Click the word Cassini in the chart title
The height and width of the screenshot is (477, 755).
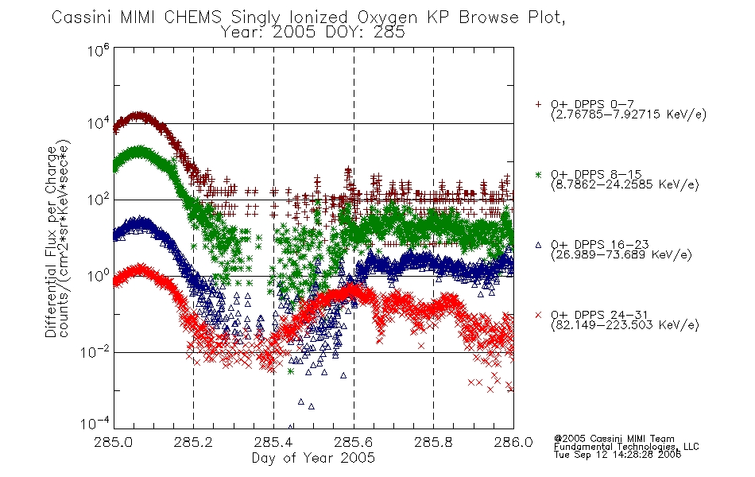82,17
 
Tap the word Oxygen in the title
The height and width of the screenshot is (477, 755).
387,18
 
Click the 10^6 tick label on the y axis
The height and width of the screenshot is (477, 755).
99,49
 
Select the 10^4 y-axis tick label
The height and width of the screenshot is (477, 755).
99,123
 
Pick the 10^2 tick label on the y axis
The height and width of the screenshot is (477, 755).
99,199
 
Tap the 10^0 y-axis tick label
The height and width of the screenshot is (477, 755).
99,275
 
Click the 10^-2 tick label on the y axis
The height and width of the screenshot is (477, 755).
97,351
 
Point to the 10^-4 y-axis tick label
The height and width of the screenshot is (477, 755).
95,423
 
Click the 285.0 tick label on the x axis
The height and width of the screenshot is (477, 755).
114,442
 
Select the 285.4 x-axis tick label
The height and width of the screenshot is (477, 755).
273,442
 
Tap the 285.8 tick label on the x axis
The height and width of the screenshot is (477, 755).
433,442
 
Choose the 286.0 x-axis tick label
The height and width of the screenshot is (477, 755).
513,442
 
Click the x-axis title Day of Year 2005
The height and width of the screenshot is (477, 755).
313,458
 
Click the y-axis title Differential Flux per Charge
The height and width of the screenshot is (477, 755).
52,242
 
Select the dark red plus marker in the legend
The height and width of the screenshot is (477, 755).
538,104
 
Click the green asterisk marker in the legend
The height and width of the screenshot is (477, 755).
538,174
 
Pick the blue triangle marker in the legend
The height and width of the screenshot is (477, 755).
538,245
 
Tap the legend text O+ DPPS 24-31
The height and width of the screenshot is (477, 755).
599,315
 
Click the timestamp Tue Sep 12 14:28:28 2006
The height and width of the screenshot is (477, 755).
618,455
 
